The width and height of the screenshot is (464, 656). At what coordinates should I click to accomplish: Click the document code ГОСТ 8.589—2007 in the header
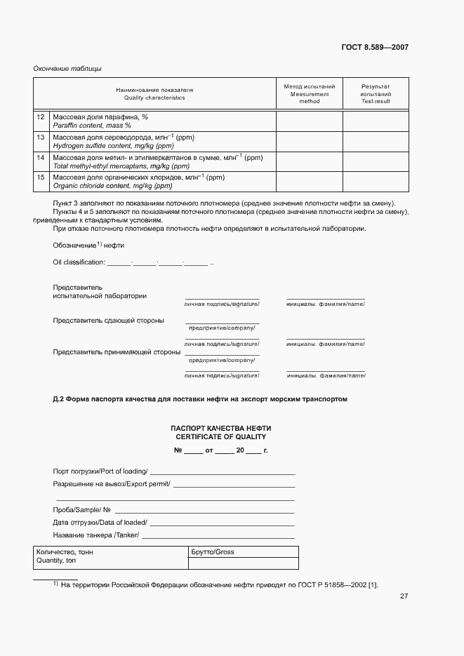[375, 48]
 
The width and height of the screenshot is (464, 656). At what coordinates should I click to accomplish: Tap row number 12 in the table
[41, 116]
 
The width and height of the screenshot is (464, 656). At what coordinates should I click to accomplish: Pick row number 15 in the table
[41, 178]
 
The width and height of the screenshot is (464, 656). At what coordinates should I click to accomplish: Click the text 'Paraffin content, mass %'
[92, 126]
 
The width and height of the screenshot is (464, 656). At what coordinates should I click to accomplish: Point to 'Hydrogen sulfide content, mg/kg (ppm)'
[113, 146]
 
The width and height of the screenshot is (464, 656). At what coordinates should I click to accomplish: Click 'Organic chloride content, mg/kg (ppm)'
[112, 187]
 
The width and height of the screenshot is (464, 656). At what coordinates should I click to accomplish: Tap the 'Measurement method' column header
[309, 93]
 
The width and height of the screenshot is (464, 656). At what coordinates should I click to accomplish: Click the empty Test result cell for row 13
[376, 141]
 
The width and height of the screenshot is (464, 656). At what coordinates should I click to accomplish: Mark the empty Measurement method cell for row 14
[309, 161]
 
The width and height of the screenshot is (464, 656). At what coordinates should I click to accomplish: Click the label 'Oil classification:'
[79, 262]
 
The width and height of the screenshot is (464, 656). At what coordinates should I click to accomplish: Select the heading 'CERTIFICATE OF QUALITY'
[221, 436]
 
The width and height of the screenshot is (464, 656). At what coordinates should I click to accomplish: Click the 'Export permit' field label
[112, 484]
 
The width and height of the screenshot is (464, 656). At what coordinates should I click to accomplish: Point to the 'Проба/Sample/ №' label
[81, 509]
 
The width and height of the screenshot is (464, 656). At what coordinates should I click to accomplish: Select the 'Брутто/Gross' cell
[213, 552]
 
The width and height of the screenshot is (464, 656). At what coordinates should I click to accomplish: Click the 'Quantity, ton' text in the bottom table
[56, 561]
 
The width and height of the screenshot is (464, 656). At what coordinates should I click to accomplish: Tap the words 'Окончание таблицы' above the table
[67, 68]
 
